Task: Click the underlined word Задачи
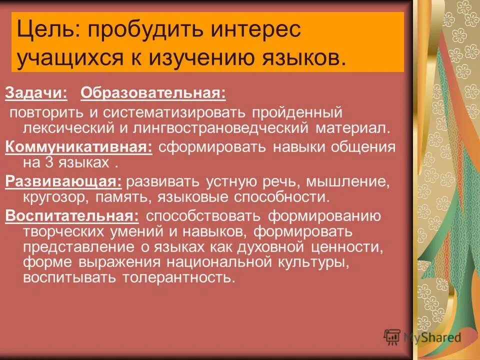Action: (36, 92)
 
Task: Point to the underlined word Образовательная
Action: (153, 92)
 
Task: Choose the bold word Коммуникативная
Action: (79, 147)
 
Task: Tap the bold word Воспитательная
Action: (72, 216)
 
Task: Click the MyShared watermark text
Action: (432, 338)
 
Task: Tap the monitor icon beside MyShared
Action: (392, 337)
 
